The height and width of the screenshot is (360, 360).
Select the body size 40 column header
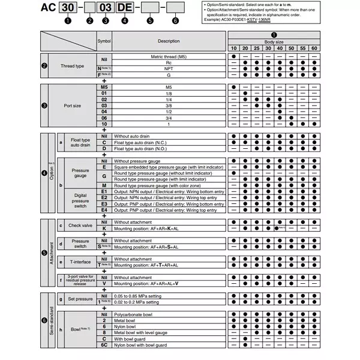pyautogui.click(x=280, y=48)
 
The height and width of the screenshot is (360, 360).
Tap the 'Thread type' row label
pyautogui.click(x=73, y=65)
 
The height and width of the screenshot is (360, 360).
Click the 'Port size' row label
pyautogui.click(x=73, y=105)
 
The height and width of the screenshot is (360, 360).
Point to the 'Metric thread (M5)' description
pyautogui.click(x=169, y=56)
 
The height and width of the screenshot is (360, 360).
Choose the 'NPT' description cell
pyautogui.click(x=169, y=68)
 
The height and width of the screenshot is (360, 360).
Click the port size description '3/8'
pyautogui.click(x=169, y=105)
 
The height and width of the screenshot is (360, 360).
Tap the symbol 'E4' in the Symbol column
pyautogui.click(x=104, y=209)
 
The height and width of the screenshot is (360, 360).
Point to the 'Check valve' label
pyautogui.click(x=80, y=225)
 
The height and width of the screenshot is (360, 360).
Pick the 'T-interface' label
pyautogui.click(x=80, y=262)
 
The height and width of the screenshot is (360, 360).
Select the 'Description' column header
pyautogui.click(x=169, y=41)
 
